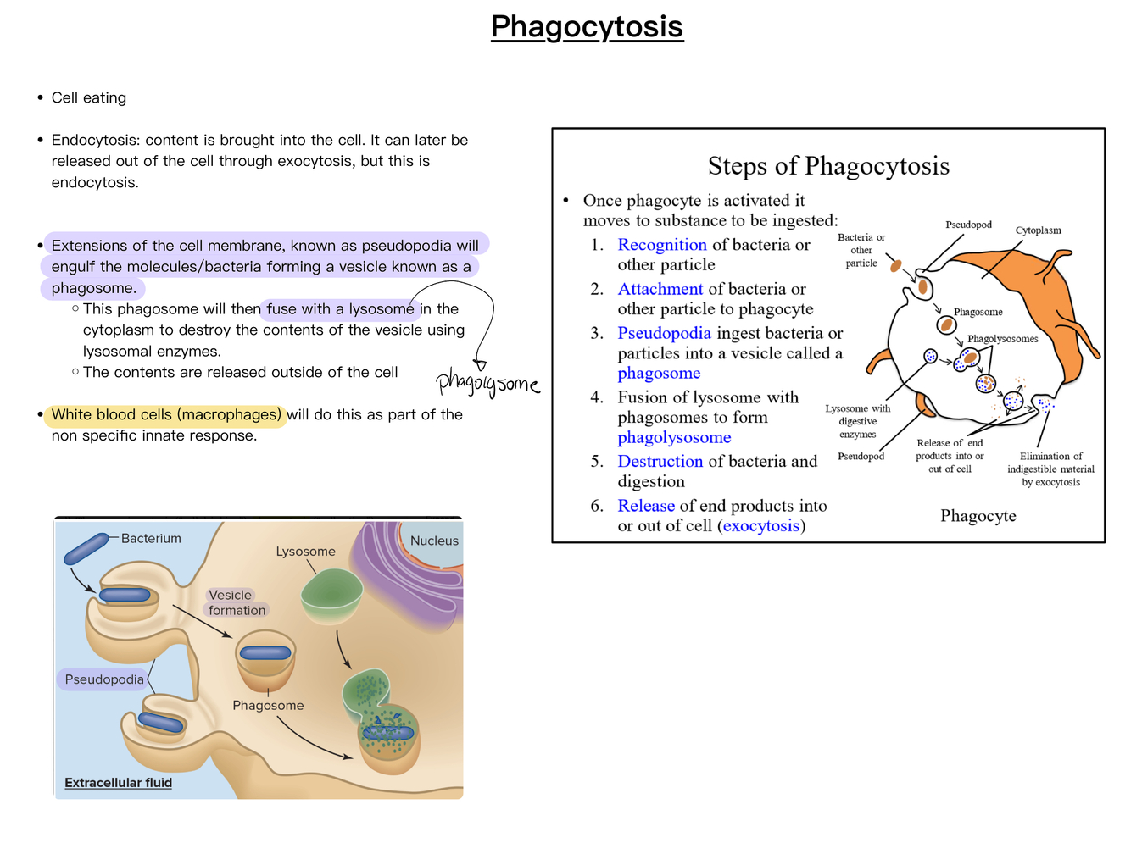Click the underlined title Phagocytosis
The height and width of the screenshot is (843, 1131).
pyautogui.click(x=587, y=27)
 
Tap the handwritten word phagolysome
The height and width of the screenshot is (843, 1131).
pyautogui.click(x=487, y=383)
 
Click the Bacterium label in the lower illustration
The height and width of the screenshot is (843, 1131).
pyautogui.click(x=151, y=539)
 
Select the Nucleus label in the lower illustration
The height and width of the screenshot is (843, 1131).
pyautogui.click(x=434, y=541)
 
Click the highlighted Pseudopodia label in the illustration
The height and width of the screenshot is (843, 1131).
pyautogui.click(x=104, y=679)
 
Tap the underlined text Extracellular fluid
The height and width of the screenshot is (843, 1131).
pyautogui.click(x=118, y=783)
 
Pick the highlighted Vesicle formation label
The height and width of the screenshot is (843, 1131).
pyautogui.click(x=237, y=602)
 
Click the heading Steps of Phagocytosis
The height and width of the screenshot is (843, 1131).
pyautogui.click(x=828, y=166)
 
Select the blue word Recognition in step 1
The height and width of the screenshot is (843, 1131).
pyautogui.click(x=661, y=245)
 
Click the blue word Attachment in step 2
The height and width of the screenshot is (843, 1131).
pyautogui.click(x=660, y=289)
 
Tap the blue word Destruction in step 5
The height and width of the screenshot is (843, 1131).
pyautogui.click(x=660, y=462)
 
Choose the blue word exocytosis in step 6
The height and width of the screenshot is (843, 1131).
pyautogui.click(x=760, y=526)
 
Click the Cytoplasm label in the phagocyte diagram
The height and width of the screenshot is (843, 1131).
pyautogui.click(x=1038, y=230)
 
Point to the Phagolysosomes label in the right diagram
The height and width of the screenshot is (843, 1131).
pyautogui.click(x=1002, y=339)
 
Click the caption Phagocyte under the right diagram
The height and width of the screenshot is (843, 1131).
pyautogui.click(x=978, y=516)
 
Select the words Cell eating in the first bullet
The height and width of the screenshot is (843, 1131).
pyautogui.click(x=89, y=98)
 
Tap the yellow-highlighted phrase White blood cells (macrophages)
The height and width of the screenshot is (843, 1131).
pyautogui.click(x=165, y=415)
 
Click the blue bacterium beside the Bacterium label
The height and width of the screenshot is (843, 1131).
pyautogui.click(x=86, y=549)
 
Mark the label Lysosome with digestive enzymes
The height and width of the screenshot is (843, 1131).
pyautogui.click(x=857, y=421)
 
